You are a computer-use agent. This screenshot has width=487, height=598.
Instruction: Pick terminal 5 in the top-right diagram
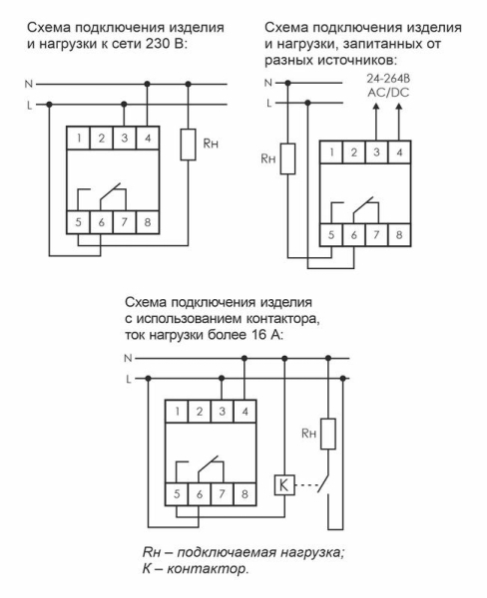tap(331, 235)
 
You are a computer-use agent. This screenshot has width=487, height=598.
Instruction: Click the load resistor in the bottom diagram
tap(326, 434)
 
